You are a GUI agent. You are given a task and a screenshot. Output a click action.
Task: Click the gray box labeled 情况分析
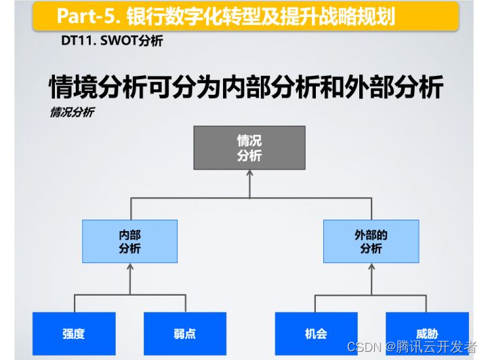pos(249,148)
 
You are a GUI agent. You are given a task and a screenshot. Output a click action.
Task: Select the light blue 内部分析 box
pos(129,241)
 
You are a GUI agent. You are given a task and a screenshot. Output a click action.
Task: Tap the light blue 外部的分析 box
pos(371,241)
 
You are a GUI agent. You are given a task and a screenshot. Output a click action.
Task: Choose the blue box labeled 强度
pos(74,334)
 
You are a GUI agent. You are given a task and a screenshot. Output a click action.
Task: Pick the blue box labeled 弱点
pos(185,334)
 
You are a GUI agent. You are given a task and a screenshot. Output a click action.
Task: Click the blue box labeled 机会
pos(316,334)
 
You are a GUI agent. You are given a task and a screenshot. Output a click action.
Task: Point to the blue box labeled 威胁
pos(427,334)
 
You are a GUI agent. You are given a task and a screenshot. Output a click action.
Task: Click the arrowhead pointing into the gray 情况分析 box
pos(249,174)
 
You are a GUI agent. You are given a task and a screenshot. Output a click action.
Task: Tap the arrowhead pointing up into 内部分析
pos(129,267)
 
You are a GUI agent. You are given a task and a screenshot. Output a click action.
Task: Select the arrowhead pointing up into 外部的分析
pos(371,267)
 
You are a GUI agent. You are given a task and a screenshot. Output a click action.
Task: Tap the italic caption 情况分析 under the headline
pos(71,112)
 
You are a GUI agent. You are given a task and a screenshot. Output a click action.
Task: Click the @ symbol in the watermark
pos(392,347)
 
